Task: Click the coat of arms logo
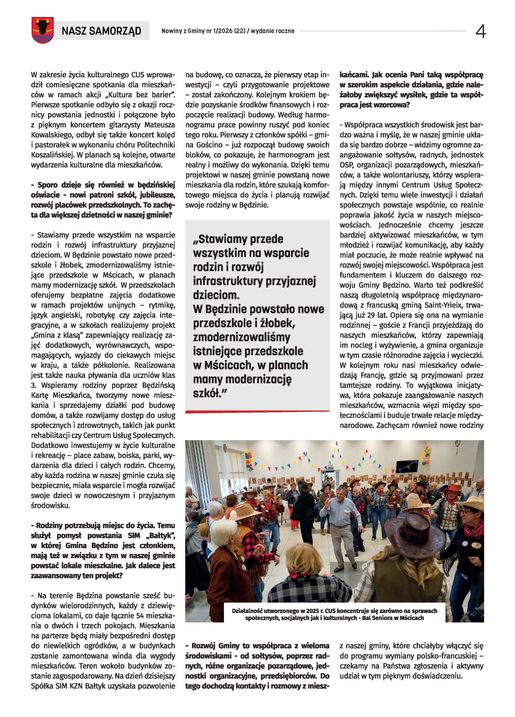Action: pos(42,30)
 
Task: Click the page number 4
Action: pos(480,31)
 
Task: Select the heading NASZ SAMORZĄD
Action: pos(101,31)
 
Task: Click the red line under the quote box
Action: pos(257,411)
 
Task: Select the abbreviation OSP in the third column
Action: pos(346,165)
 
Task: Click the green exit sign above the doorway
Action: pos(331,467)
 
